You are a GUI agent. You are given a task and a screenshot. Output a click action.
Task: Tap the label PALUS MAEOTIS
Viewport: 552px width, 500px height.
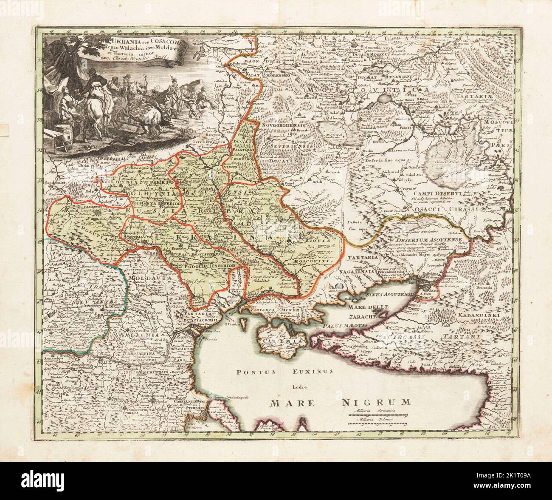(338, 326)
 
